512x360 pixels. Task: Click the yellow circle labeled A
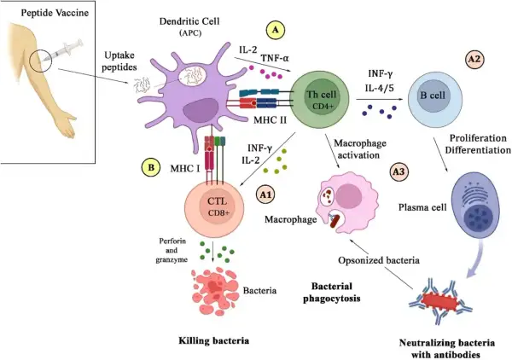click(x=276, y=31)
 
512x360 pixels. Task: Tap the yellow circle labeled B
click(x=151, y=168)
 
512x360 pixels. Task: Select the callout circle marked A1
click(x=265, y=195)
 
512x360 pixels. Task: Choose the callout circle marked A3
click(x=399, y=172)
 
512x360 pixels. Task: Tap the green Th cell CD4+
click(x=320, y=99)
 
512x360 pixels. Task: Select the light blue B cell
click(x=435, y=96)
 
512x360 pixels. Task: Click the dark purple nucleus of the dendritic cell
click(x=201, y=111)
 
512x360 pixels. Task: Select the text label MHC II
click(x=270, y=119)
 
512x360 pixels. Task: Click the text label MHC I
click(x=185, y=168)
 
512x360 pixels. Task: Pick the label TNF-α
click(x=275, y=58)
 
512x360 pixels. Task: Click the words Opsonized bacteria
click(x=379, y=260)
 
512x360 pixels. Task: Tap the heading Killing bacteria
click(x=214, y=340)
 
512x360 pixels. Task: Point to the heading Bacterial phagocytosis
click(x=332, y=292)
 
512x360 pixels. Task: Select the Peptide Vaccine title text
click(x=55, y=13)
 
